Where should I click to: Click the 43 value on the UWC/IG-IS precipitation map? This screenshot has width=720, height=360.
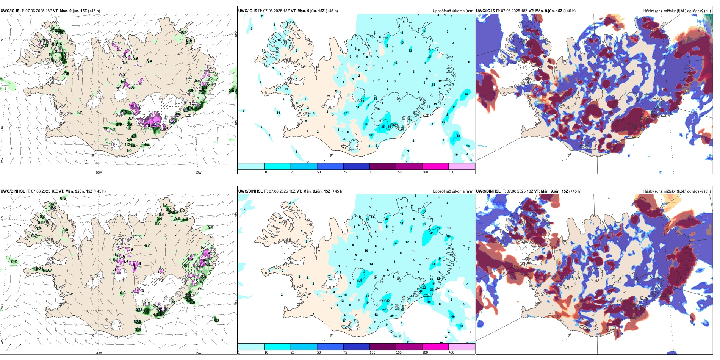(458, 136)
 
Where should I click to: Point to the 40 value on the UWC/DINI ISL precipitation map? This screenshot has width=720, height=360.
(453, 317)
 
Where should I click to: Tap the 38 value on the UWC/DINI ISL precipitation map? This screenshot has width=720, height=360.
(461, 326)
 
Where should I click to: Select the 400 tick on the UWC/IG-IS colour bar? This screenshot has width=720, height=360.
(451, 172)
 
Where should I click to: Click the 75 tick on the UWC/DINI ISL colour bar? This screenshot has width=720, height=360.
(345, 352)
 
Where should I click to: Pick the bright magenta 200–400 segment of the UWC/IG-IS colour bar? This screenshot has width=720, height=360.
(435, 166)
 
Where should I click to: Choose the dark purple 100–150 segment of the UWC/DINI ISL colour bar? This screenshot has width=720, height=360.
(383, 347)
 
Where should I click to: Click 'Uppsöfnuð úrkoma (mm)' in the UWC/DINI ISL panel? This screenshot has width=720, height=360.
(453, 191)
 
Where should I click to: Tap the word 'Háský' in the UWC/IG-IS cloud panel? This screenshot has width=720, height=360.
(649, 11)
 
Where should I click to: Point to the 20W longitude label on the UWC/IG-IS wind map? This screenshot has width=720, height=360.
(99, 172)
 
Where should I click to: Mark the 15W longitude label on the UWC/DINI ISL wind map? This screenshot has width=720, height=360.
(198, 353)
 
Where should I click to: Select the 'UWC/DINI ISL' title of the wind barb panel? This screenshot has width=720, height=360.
(13, 191)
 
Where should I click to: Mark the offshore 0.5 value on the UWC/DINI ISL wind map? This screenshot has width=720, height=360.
(63, 198)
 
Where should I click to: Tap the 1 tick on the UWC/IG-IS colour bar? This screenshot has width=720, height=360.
(239, 172)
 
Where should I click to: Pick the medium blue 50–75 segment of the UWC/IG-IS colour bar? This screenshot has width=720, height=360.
(330, 166)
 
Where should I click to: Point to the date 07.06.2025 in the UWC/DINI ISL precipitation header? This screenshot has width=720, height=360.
(278, 191)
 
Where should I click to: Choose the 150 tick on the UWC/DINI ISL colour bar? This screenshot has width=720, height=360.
(399, 352)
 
